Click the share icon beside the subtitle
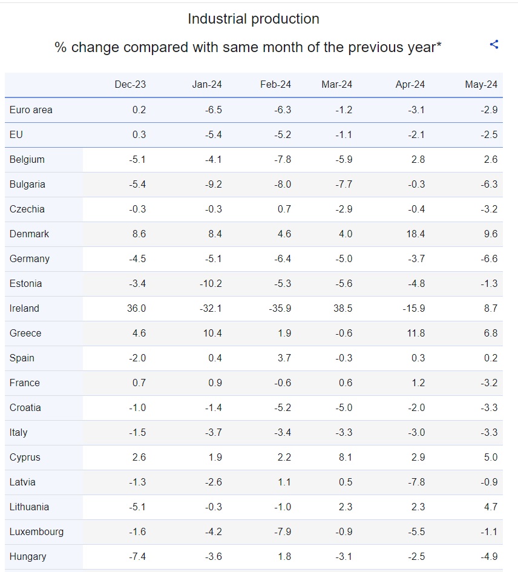494,44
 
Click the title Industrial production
254,19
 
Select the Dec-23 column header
130,85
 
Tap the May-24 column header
481,85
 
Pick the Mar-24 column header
337,85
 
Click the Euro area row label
31,110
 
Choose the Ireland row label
24,309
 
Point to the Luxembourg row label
36,532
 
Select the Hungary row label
28,557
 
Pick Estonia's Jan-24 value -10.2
211,284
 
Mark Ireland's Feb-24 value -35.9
280,309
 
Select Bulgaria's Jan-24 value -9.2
213,185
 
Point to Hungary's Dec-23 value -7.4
137,557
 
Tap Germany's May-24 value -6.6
488,259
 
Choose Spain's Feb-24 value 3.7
284,358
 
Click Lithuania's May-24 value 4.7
491,507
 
